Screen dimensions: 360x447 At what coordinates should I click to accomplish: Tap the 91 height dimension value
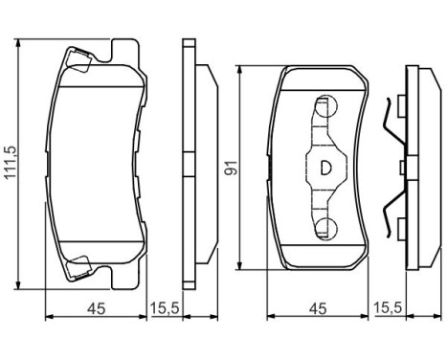230,166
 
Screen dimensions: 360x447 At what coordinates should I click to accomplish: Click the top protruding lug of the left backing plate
122,47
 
